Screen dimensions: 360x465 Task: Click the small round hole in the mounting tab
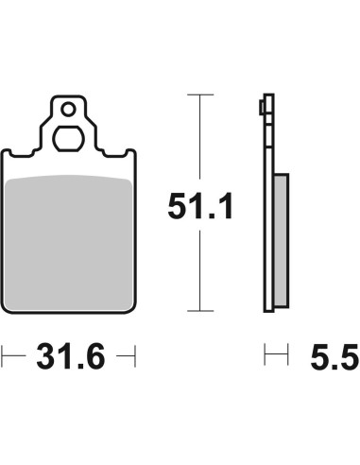pyautogui.click(x=68, y=110)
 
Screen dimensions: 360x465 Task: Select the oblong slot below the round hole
pyautogui.click(x=68, y=139)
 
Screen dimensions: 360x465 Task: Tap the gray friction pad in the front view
pyautogui.click(x=69, y=243)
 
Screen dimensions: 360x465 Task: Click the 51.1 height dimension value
pyautogui.click(x=200, y=206)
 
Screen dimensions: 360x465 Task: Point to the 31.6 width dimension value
pyautogui.click(x=71, y=356)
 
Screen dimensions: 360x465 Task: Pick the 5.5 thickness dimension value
pyautogui.click(x=334, y=356)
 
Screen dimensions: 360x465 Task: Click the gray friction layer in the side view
pyautogui.click(x=281, y=240)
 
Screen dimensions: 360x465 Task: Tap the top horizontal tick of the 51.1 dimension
pyautogui.click(x=200, y=95)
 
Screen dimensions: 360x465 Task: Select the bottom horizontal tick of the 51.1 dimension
pyautogui.click(x=200, y=311)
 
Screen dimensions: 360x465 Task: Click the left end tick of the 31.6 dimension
pyautogui.click(x=2, y=356)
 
